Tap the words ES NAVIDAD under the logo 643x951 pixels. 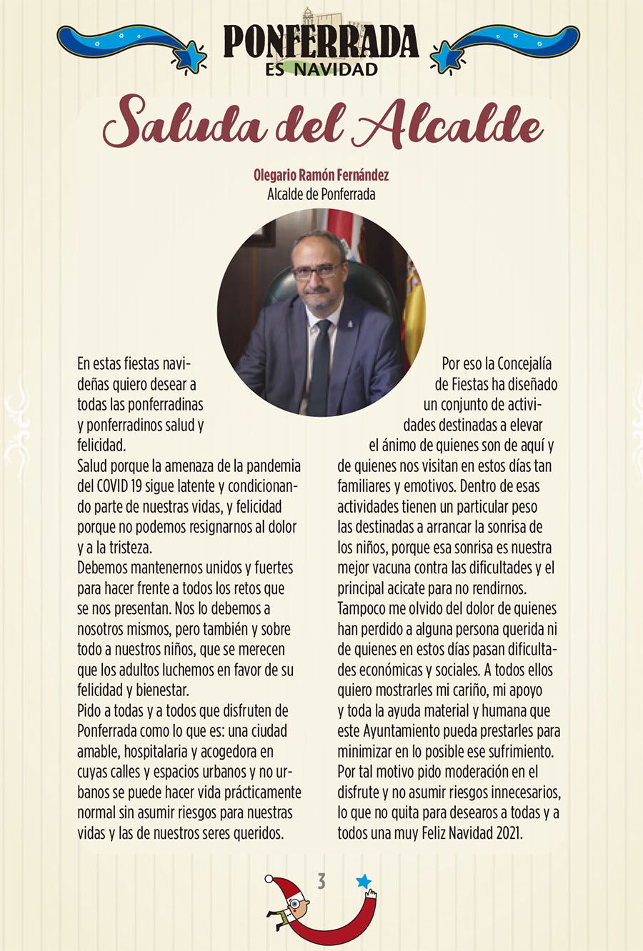coord(321,69)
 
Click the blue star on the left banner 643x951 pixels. coord(190,57)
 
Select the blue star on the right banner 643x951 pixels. coord(447,57)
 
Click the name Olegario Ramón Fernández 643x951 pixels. coord(321,175)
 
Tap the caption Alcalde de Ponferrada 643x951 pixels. coord(321,193)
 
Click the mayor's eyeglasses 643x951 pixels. coord(316,271)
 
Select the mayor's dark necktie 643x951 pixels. coord(320,364)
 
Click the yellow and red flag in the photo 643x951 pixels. coord(414,314)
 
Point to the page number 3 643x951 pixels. coord(321,881)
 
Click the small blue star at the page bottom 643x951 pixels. coord(364,881)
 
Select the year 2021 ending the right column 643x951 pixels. coord(508,833)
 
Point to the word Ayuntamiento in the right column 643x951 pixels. coord(402,731)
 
